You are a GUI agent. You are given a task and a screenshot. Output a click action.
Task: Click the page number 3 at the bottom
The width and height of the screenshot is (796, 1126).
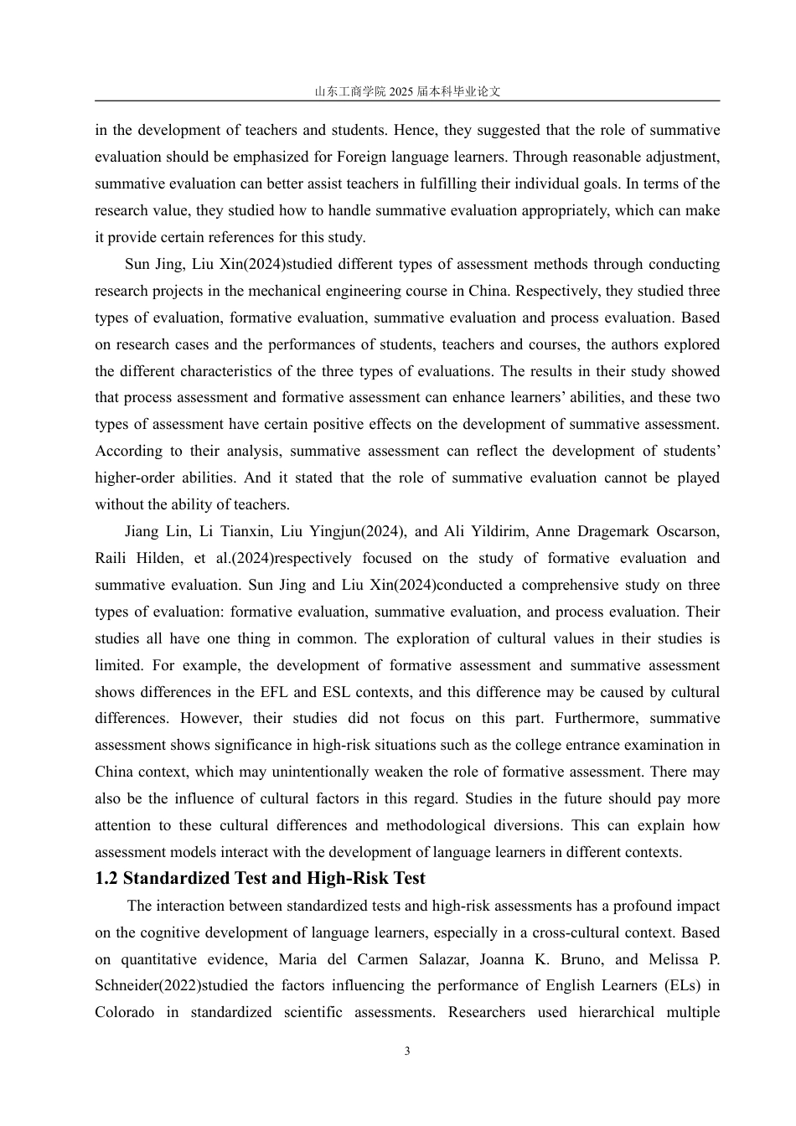click(x=407, y=1051)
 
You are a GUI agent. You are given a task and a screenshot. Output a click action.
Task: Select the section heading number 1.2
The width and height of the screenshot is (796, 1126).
click(x=106, y=879)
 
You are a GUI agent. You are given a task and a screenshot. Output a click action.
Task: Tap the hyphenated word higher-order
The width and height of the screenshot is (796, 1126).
click(x=134, y=478)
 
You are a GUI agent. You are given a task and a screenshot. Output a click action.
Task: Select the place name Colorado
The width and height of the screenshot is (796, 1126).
click(x=125, y=1012)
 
